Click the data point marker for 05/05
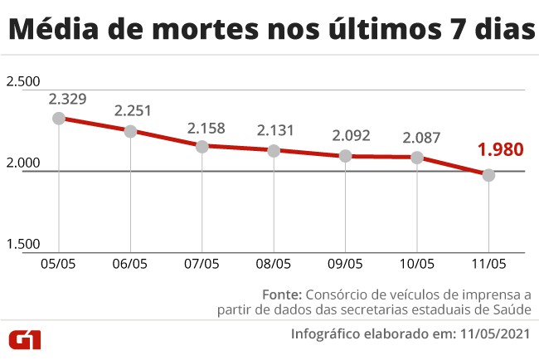(x=59, y=118)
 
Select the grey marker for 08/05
(x=274, y=150)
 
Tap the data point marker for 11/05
(x=489, y=175)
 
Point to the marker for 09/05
(x=346, y=156)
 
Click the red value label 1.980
(x=500, y=150)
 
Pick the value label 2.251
(x=134, y=110)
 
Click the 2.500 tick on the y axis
(x=23, y=81)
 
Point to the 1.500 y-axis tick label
(x=23, y=244)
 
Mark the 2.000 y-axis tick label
(x=23, y=163)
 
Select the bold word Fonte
(x=282, y=294)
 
